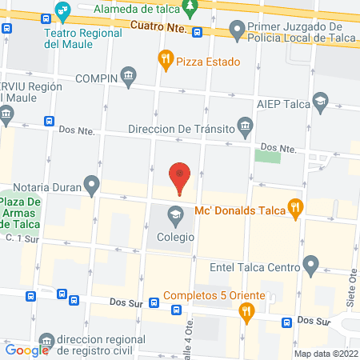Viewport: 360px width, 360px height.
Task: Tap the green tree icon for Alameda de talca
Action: click(x=190, y=10)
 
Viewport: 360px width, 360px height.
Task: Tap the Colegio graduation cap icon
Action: click(x=174, y=214)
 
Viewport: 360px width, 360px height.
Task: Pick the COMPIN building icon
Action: click(x=128, y=77)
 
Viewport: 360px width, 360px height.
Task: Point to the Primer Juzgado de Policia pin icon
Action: click(x=236, y=30)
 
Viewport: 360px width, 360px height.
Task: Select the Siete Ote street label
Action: click(x=352, y=284)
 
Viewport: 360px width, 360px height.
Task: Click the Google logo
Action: click(x=27, y=349)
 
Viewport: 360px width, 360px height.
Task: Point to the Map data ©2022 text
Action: click(x=325, y=354)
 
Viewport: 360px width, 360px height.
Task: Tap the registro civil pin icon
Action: click(x=48, y=342)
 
